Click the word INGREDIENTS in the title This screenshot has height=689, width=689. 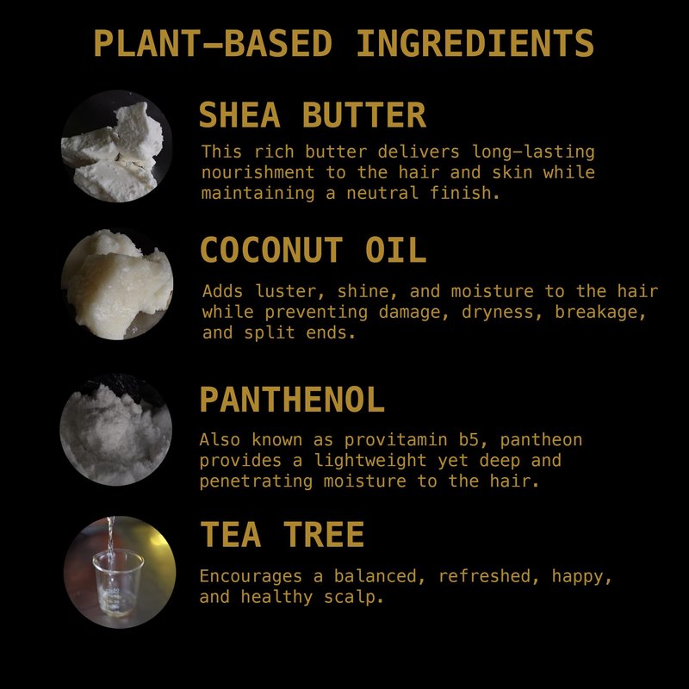point(475,43)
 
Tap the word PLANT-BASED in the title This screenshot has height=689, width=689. point(213,43)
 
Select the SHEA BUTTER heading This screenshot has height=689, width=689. point(313,115)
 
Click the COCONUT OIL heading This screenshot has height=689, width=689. point(313,250)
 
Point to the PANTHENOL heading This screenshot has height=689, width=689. point(292,399)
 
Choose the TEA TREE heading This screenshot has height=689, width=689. point(282,534)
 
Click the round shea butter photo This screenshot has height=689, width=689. point(116,146)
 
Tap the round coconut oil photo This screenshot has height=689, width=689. point(117,284)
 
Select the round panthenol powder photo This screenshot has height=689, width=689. point(116,430)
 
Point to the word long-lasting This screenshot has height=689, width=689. point(533,152)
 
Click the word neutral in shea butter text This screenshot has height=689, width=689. point(382,193)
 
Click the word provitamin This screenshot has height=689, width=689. point(395,440)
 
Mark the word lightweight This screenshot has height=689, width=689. point(370,461)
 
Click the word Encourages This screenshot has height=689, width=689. point(251,576)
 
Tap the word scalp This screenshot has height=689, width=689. point(354,597)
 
